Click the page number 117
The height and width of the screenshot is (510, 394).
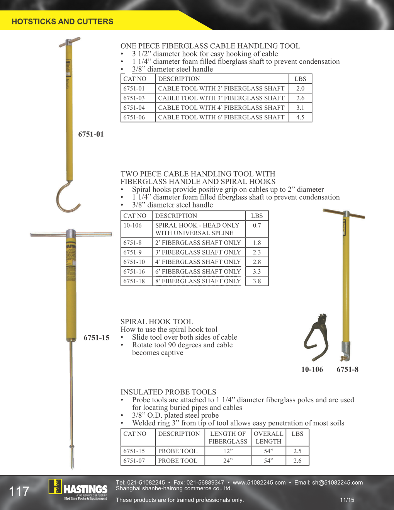[19, 491]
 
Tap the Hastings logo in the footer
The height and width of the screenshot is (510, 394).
[78, 490]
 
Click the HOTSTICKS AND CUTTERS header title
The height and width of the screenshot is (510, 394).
[62, 22]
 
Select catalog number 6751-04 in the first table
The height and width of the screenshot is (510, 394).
[134, 108]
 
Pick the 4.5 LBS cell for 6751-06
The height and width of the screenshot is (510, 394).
[300, 117]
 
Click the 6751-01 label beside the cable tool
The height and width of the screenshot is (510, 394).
[91, 134]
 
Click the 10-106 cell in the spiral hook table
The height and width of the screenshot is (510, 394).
[132, 226]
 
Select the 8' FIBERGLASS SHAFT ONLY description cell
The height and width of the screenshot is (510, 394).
[198, 281]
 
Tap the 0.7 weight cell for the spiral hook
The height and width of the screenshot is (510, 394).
[257, 226]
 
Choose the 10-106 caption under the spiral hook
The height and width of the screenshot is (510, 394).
[312, 369]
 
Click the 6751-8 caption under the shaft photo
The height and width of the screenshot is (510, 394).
[347, 369]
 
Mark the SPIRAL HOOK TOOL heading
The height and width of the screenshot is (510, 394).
[156, 321]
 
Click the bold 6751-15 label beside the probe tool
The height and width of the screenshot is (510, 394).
[97, 338]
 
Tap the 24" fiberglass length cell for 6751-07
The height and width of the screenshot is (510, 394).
[228, 461]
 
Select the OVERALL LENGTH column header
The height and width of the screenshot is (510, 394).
[268, 437]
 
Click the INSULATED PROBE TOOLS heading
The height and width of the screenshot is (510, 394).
[168, 392]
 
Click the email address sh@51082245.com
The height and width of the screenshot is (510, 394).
[337, 483]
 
